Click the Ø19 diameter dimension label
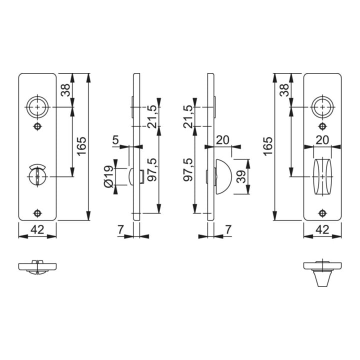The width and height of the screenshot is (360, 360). [108, 176]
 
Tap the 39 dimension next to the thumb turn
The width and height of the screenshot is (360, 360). [241, 176]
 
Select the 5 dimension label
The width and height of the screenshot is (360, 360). [116, 140]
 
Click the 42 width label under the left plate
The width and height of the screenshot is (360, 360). [37, 229]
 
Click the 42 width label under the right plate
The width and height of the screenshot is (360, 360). [322, 229]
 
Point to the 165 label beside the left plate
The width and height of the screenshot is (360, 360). [81, 146]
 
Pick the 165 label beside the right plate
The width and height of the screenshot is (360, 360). [267, 146]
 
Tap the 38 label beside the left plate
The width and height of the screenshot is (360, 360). [65, 90]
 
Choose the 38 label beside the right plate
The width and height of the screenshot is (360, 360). [284, 90]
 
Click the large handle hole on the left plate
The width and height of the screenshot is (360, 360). [37, 107]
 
